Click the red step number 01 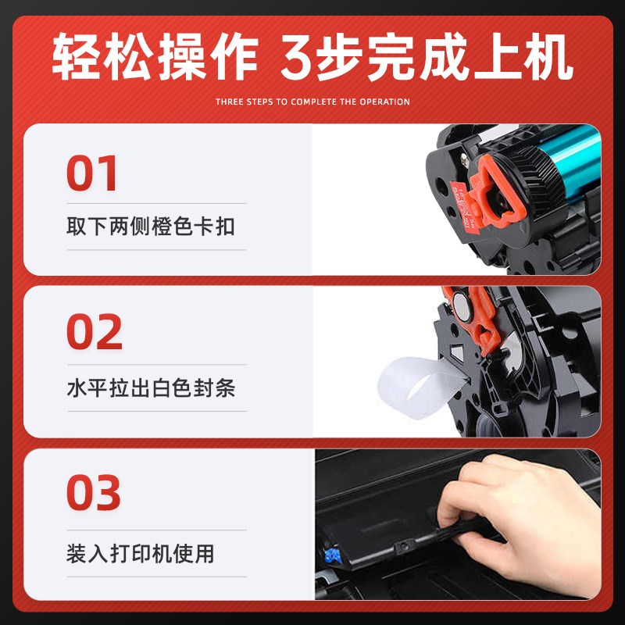click(91, 173)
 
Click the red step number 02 click(94, 332)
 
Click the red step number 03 click(94, 492)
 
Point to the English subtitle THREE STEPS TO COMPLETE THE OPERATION click(312, 102)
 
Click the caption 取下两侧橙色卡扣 click(150, 228)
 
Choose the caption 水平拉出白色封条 click(150, 388)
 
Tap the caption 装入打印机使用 click(140, 555)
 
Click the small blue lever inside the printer click(332, 556)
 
